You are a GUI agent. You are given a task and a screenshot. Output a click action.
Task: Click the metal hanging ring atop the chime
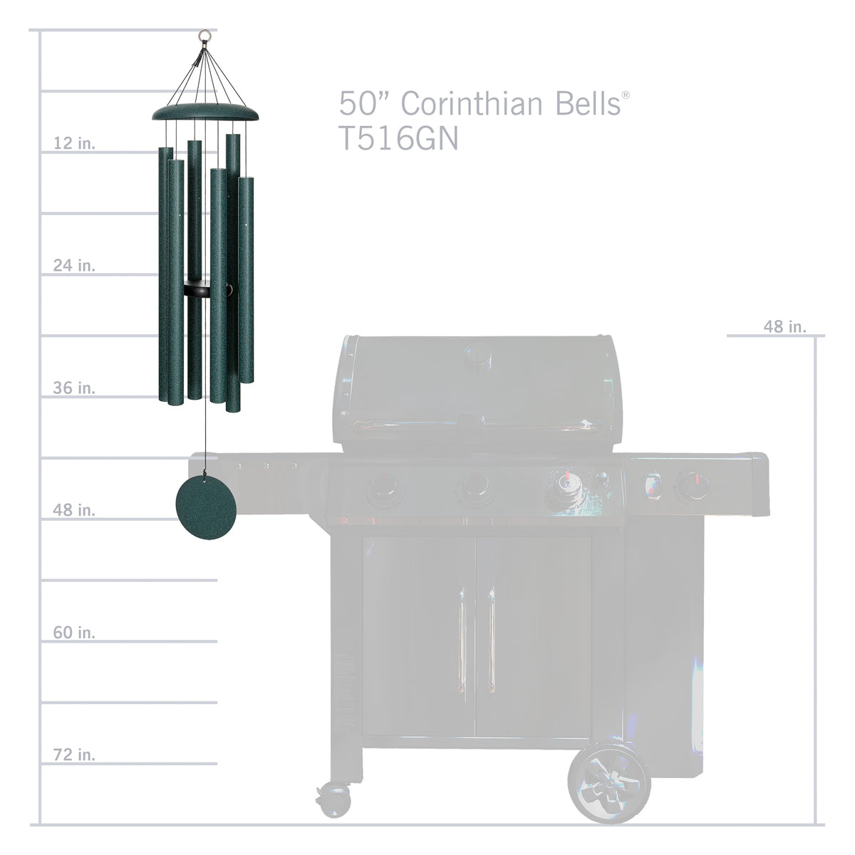point(204,35)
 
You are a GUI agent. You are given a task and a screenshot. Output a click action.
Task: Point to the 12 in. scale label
point(74,143)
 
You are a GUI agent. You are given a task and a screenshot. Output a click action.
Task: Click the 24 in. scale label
point(74,265)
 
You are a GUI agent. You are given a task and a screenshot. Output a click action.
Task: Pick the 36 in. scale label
point(74,388)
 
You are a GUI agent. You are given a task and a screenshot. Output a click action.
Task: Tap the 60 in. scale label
point(74,632)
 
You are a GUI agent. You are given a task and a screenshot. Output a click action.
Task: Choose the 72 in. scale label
point(74,755)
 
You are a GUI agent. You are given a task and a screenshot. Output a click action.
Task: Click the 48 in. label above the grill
point(785,326)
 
